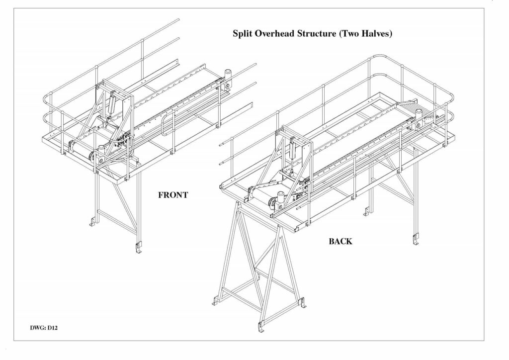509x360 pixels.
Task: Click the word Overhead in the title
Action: [272, 34]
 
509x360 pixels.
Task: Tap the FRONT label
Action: [173, 195]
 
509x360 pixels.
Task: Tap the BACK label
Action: [340, 242]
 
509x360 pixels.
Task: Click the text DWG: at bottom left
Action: [38, 328]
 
